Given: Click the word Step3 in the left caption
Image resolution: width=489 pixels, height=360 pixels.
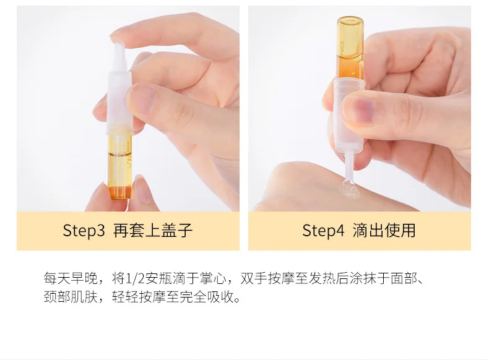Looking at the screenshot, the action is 84,231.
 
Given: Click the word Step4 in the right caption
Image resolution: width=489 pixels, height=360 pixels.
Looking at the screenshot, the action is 323,231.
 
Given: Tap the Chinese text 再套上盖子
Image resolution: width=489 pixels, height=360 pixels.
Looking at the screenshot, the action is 152,231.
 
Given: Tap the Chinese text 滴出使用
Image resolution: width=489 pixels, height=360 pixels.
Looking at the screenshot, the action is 384,231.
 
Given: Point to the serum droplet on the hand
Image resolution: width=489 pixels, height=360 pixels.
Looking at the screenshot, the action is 348,188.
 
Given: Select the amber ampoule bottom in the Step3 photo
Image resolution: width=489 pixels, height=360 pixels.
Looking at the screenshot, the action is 119,192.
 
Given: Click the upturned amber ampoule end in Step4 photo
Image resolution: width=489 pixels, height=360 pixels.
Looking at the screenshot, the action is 350,25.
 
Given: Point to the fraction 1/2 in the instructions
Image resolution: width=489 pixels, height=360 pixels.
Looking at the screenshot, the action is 135,278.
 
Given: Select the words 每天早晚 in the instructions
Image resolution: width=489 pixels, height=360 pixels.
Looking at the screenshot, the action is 71,278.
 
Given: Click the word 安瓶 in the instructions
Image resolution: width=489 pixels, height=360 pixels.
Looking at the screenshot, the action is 158,278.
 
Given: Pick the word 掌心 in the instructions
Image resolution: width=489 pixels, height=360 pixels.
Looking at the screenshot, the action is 214,278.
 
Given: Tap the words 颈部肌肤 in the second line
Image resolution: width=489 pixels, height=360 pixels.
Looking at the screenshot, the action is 71,297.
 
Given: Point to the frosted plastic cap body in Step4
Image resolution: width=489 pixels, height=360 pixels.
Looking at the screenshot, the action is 348,115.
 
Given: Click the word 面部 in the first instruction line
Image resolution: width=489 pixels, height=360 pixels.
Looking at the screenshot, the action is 404,278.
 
